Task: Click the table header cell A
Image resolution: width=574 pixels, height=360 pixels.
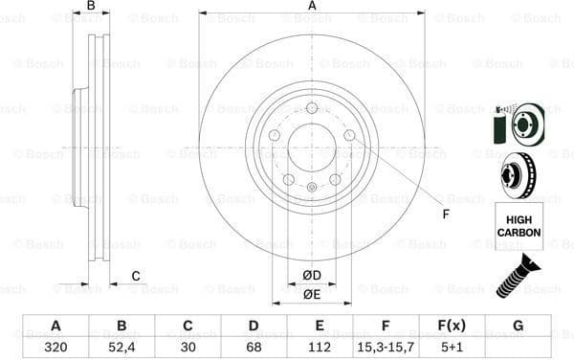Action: point(55,325)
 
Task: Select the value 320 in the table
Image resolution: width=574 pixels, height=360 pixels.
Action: point(55,347)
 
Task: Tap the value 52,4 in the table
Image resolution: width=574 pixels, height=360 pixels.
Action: point(121,347)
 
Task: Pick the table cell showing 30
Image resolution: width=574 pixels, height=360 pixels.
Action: point(188,347)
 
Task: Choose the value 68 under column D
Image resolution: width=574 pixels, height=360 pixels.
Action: point(254,347)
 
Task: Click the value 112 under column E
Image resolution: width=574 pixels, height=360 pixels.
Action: point(320,347)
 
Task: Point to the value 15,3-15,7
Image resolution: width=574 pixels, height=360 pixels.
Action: point(386,347)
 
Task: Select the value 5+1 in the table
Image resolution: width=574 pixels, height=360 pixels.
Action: point(452,347)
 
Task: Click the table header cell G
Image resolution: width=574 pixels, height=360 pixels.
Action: point(518,325)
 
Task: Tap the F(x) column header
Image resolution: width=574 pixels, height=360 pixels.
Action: point(452,325)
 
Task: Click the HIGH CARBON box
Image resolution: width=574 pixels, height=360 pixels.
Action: point(518,226)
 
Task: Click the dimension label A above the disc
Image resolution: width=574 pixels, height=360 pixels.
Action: point(312,7)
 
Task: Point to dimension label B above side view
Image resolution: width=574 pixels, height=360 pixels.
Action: point(91,7)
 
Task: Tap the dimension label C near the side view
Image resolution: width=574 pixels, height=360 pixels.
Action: point(136,276)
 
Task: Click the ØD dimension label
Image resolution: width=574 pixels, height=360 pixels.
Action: point(311,276)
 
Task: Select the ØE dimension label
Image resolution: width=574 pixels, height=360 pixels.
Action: point(311,295)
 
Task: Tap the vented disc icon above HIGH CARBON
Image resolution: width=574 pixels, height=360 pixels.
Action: point(518,175)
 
